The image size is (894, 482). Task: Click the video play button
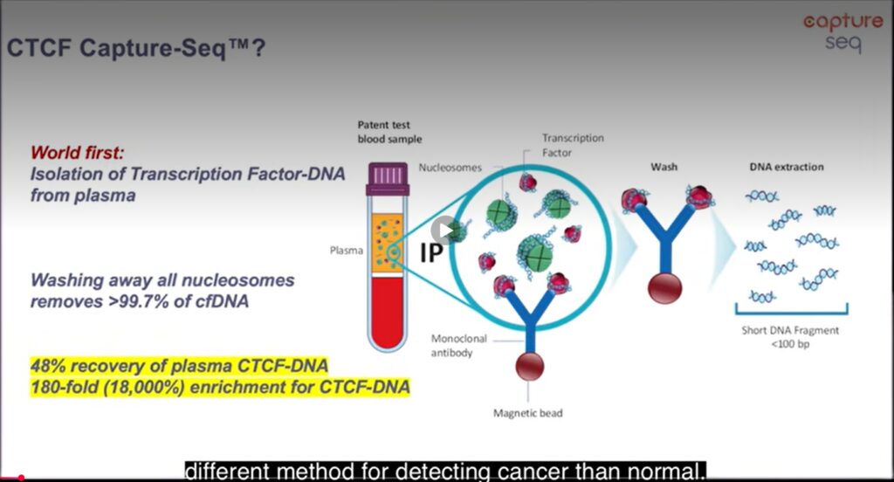445,231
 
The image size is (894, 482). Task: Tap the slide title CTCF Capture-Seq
136,47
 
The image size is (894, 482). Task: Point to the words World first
75,155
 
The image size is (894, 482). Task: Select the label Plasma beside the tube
346,250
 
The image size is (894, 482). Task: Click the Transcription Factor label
573,145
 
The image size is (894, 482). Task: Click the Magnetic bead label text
526,412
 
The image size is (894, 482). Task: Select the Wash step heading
664,166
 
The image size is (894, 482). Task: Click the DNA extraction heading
786,166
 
